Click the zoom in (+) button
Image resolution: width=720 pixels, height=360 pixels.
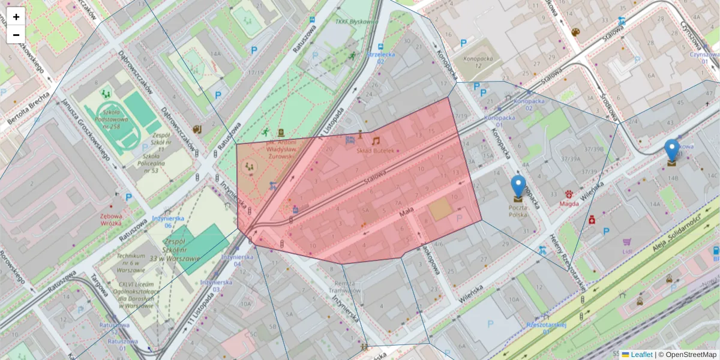click(x=16, y=17)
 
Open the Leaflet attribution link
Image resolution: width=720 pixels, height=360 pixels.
click(x=641, y=355)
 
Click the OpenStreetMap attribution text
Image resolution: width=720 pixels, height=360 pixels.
click(x=691, y=355)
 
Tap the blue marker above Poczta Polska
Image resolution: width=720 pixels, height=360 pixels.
click(x=518, y=187)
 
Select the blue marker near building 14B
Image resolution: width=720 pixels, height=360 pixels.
click(x=672, y=150)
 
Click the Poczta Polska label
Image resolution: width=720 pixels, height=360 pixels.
click(x=518, y=210)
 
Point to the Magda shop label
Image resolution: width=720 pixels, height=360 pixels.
click(x=569, y=203)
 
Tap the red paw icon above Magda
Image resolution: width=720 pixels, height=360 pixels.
click(x=569, y=194)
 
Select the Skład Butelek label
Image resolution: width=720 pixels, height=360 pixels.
click(x=376, y=151)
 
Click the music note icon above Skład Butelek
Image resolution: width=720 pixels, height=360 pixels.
click(x=376, y=141)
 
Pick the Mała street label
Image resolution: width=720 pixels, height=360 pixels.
click(x=407, y=213)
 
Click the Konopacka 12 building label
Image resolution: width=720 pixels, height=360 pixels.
click(x=470, y=61)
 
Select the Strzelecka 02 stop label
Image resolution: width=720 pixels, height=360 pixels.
click(x=380, y=58)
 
